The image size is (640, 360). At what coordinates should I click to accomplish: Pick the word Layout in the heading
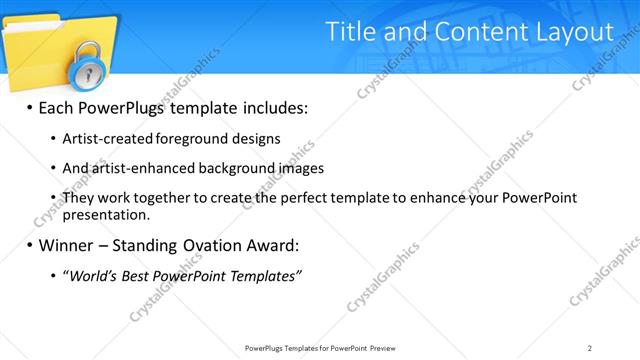(x=578, y=32)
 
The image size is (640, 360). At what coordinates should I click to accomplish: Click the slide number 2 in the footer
(x=590, y=347)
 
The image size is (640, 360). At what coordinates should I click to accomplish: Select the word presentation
(x=106, y=214)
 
